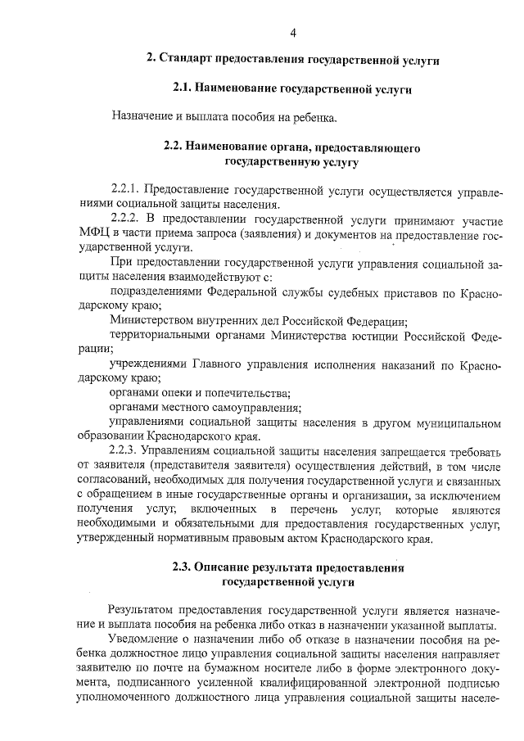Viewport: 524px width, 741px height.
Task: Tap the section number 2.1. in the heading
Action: point(187,87)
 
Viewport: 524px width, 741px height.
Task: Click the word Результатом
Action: point(142,609)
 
